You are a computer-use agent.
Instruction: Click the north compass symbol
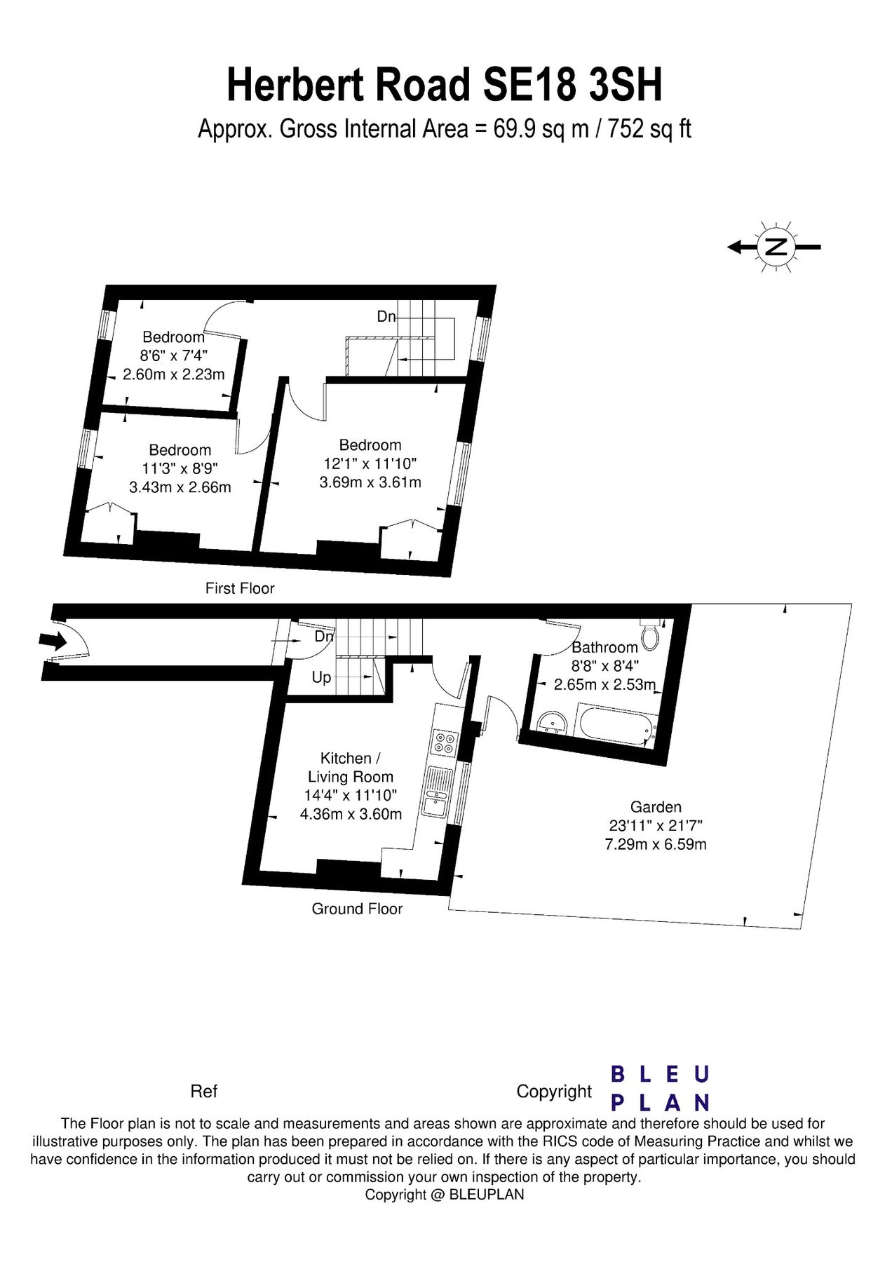[x=775, y=247]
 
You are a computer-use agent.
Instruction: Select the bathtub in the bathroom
[x=616, y=725]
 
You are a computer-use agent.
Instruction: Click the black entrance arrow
[x=53, y=640]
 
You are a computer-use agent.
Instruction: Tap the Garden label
[x=656, y=807]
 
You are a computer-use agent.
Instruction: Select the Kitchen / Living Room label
[x=351, y=768]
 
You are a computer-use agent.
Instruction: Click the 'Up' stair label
[x=321, y=678]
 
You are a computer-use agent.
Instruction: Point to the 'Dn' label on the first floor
[x=386, y=316]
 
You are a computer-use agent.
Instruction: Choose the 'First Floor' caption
[x=240, y=588]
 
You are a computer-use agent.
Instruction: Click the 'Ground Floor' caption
[x=357, y=909]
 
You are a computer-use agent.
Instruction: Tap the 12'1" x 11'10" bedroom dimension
[x=370, y=463]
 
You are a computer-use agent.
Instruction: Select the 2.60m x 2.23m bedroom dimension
[x=174, y=374]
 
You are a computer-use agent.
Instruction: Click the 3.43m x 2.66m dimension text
[x=180, y=487]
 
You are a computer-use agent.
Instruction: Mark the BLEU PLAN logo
[x=661, y=1089]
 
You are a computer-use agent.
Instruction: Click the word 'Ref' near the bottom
[x=204, y=1092]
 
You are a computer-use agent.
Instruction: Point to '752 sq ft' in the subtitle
[x=649, y=129]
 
